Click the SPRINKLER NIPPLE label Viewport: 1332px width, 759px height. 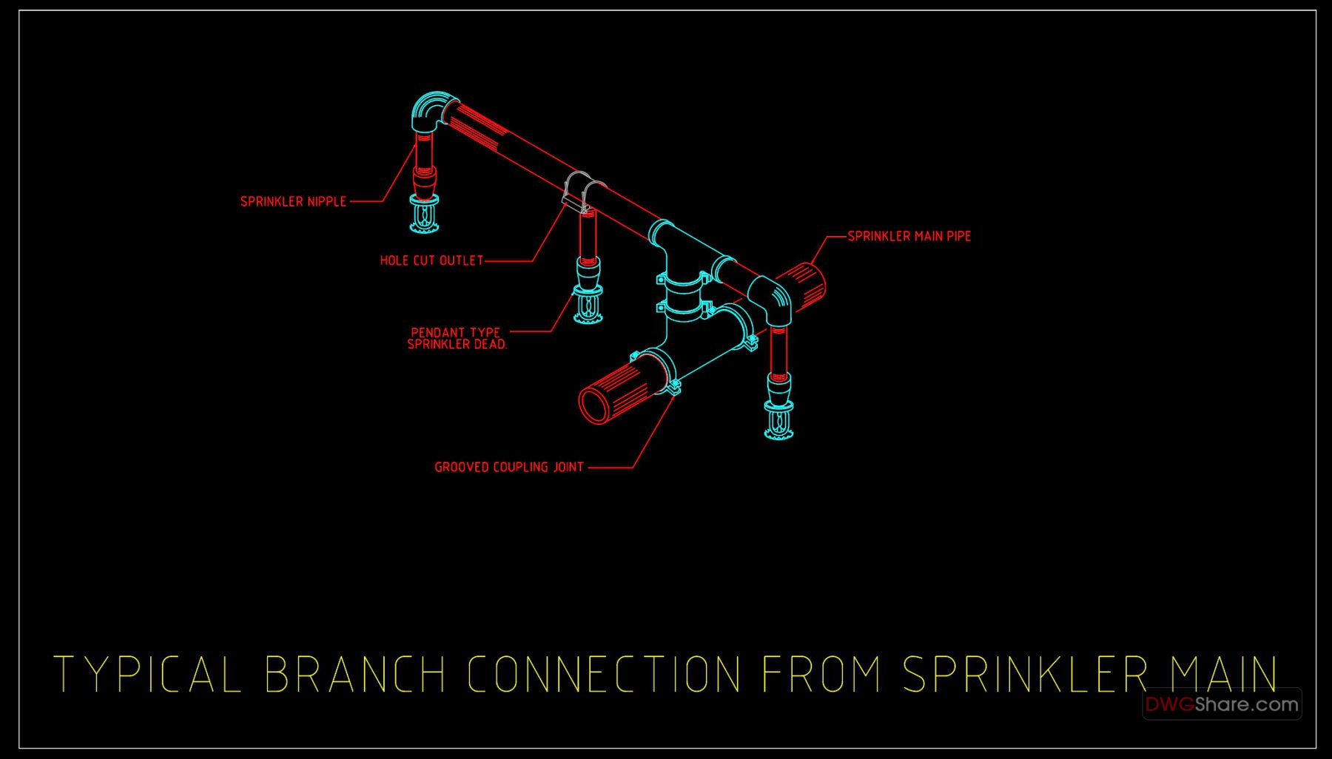coord(293,201)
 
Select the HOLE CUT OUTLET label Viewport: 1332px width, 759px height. coord(431,260)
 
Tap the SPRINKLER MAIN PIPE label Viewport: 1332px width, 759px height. coord(909,236)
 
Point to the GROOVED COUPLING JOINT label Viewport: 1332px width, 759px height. coord(509,467)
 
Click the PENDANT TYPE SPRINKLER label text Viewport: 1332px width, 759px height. coord(457,339)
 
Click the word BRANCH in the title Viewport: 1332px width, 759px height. coord(355,673)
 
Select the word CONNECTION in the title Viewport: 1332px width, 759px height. coord(604,673)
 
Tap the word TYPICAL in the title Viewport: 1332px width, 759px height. coord(148,673)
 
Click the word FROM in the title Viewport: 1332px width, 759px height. coord(821,673)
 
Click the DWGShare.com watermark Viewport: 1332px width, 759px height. coord(1222,704)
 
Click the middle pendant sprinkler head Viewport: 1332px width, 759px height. coord(588,305)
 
